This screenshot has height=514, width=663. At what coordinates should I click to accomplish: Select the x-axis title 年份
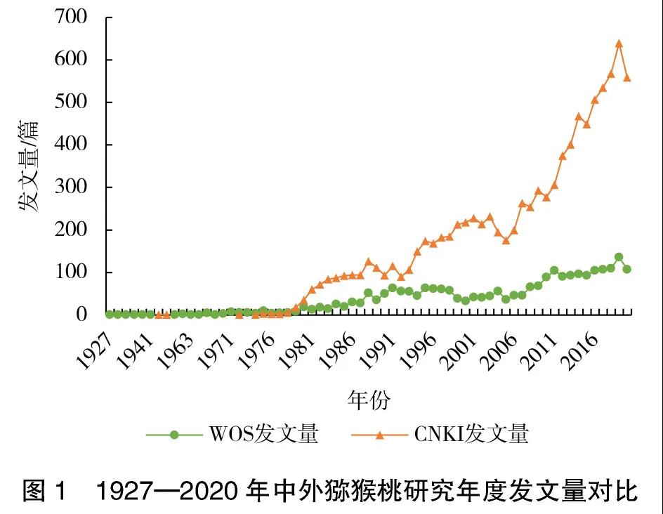pyautogui.click(x=368, y=401)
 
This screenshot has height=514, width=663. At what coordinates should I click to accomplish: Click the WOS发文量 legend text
pyautogui.click(x=263, y=435)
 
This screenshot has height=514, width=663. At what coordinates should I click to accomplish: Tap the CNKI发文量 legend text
pyautogui.click(x=471, y=435)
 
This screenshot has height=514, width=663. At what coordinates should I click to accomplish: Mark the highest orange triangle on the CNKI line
pyautogui.click(x=619, y=44)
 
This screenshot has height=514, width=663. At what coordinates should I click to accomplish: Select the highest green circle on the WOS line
pyautogui.click(x=619, y=257)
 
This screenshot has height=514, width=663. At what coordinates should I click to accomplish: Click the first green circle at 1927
pyautogui.click(x=110, y=314)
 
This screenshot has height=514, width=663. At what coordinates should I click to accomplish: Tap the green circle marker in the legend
pyautogui.click(x=175, y=435)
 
